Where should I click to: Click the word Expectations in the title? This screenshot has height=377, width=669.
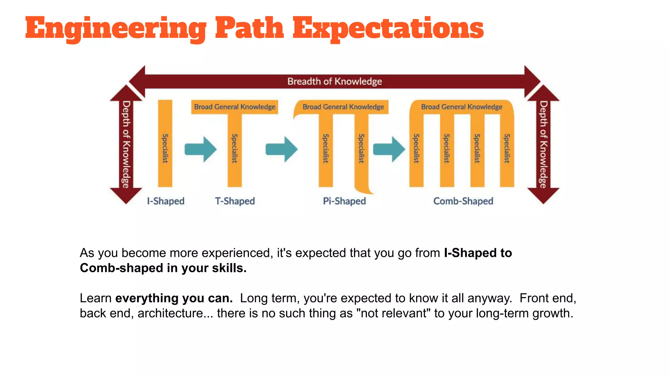pyautogui.click(x=388, y=29)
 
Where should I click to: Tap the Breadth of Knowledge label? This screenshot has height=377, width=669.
pyautogui.click(x=334, y=81)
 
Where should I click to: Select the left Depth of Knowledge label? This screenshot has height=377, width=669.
pyautogui.click(x=126, y=144)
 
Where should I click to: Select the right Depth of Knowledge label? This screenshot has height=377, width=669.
pyautogui.click(x=543, y=144)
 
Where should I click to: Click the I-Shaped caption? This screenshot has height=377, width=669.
pyautogui.click(x=166, y=201)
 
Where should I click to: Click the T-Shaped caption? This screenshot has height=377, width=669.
pyautogui.click(x=235, y=201)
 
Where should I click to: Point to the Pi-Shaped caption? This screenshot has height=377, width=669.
pyautogui.click(x=344, y=201)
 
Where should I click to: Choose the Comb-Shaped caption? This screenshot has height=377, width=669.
pyautogui.click(x=463, y=201)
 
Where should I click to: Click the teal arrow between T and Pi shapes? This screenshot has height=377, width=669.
pyautogui.click(x=281, y=149)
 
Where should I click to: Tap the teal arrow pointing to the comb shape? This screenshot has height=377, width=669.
pyautogui.click(x=389, y=149)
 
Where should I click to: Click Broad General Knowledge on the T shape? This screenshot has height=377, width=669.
pyautogui.click(x=235, y=107)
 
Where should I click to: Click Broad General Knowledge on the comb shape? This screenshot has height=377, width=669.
pyautogui.click(x=462, y=107)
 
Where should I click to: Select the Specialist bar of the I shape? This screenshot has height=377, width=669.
pyautogui.click(x=165, y=147)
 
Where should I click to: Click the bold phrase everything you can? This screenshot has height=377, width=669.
pyautogui.click(x=174, y=298)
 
